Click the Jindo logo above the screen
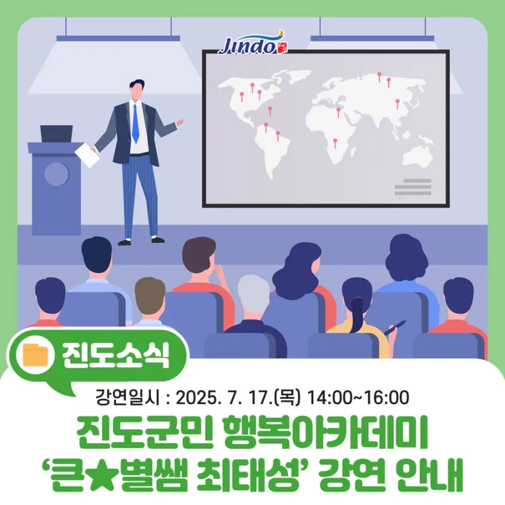pos(254,43)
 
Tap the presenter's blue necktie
pos(135,124)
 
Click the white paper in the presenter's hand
pos(87,155)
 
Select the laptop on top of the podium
pos(57,134)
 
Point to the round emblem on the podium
pos(56,174)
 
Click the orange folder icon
pos(35,355)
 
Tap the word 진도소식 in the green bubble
pos(116,355)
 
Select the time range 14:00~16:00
pos(359,398)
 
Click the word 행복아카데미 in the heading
pos(324,432)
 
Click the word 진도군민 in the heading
pos(145,432)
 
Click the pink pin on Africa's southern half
pos(335,143)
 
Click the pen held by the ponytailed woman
pos(395,327)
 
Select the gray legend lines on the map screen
pos(413,187)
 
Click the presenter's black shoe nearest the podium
pos(124,242)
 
